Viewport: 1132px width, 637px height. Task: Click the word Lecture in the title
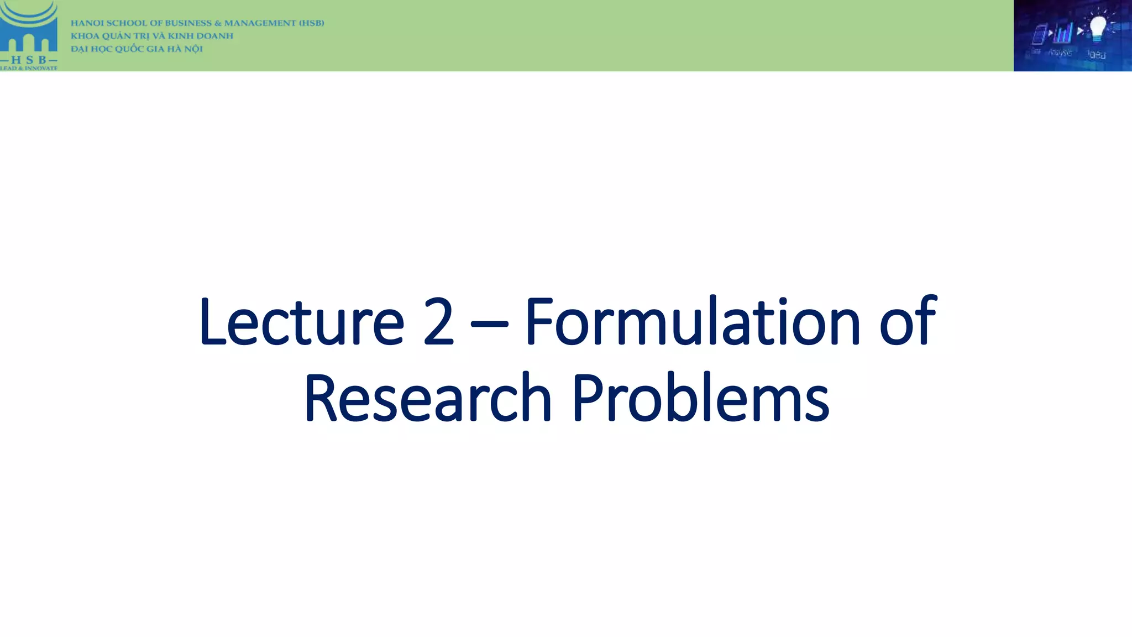click(x=301, y=322)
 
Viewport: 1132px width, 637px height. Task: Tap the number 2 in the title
click(x=438, y=322)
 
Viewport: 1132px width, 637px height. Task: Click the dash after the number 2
click(x=489, y=323)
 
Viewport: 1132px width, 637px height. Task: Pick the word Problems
click(x=700, y=398)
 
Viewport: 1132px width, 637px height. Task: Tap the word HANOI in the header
click(x=87, y=23)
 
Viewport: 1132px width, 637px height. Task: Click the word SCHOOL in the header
click(x=128, y=23)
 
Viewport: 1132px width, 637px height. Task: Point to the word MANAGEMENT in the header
click(x=260, y=23)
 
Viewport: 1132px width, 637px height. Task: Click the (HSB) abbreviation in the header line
click(x=311, y=23)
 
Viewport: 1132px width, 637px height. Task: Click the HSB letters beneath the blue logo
click(x=29, y=59)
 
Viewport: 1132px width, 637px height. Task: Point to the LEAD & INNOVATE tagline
click(x=29, y=68)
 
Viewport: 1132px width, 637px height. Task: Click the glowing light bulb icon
click(x=1097, y=28)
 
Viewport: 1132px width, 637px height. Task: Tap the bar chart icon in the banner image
click(x=1063, y=33)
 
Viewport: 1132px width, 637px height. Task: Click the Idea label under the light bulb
click(x=1097, y=54)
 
